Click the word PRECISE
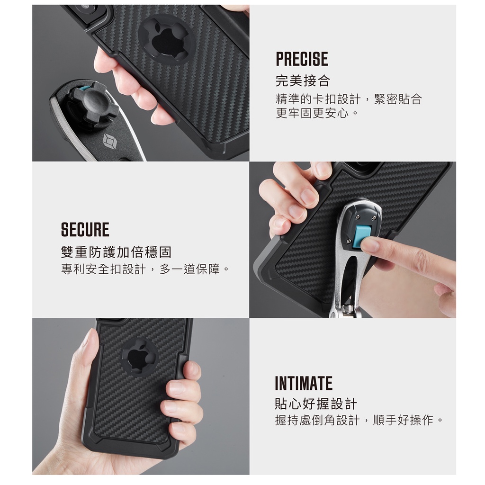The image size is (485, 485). (302, 59)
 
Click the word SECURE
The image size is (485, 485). (85, 230)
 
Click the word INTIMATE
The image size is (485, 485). (304, 384)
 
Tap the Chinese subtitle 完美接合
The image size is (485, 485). (303, 81)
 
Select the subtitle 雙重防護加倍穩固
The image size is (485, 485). (116, 252)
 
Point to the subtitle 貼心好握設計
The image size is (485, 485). (316, 404)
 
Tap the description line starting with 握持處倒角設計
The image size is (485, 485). (359, 421)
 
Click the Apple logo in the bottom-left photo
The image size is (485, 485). (138, 356)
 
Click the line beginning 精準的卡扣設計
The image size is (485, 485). (349, 99)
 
